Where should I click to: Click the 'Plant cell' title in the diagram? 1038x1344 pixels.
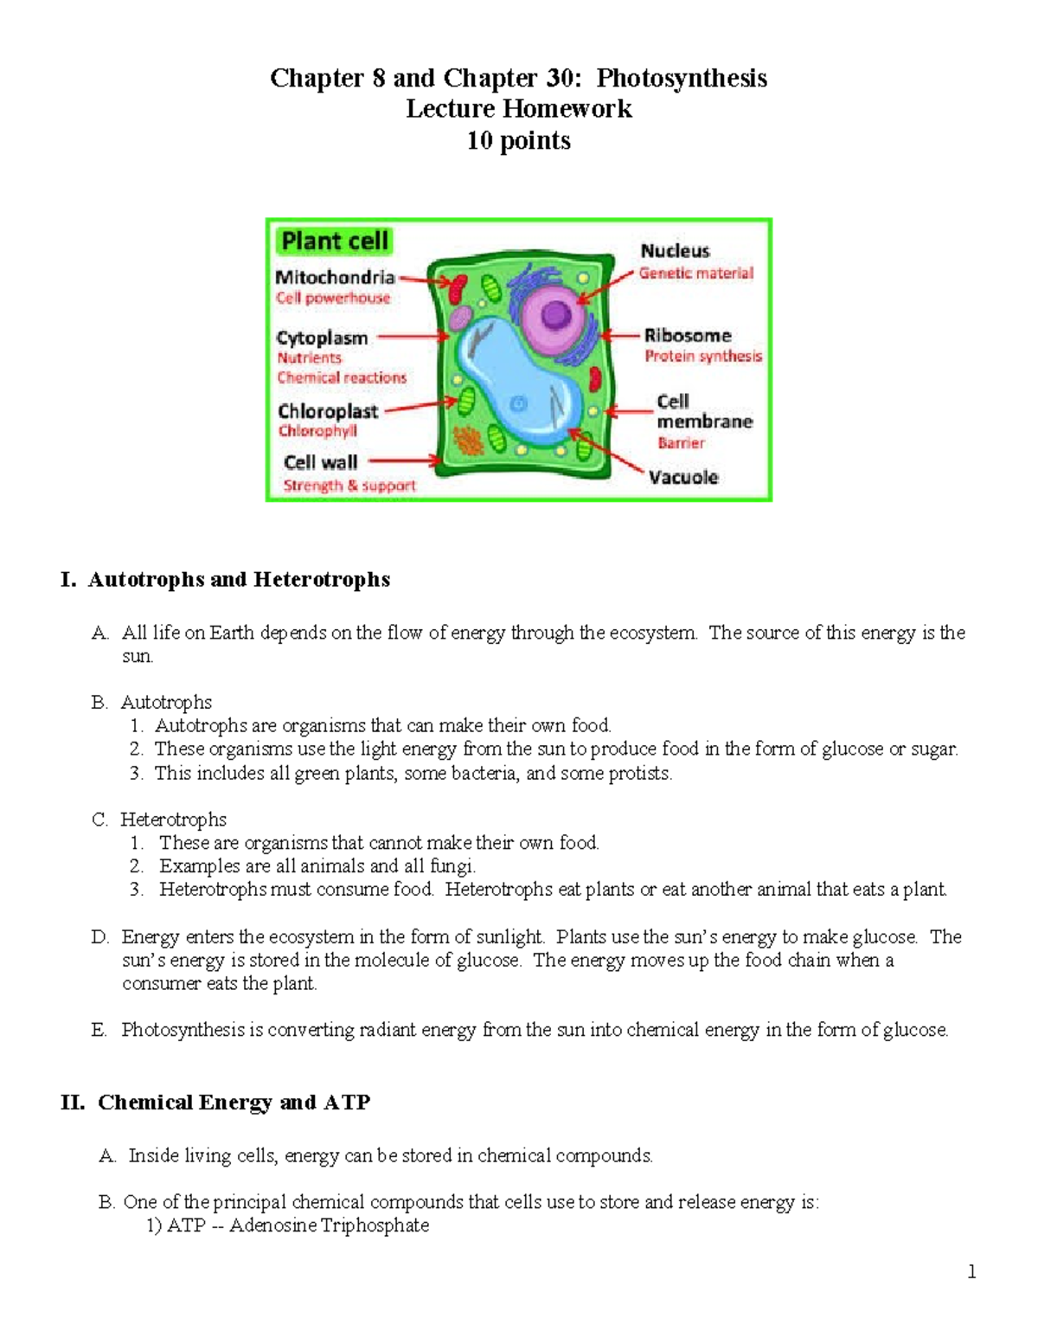click(x=335, y=241)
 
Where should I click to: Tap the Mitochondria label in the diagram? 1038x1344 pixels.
click(x=335, y=277)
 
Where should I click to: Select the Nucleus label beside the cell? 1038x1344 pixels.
click(x=675, y=251)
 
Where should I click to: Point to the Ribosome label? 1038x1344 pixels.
click(x=687, y=335)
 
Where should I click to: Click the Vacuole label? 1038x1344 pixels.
click(x=683, y=477)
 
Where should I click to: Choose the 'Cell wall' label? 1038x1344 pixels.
click(x=320, y=462)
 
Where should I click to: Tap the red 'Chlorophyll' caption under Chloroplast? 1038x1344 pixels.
click(x=317, y=431)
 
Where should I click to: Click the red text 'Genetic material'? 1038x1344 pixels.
click(x=696, y=273)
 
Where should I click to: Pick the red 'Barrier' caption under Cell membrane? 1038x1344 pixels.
click(x=681, y=443)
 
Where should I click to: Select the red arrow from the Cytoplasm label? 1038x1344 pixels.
click(x=413, y=338)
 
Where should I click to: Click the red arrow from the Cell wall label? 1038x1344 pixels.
click(x=405, y=461)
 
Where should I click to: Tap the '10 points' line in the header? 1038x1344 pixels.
click(x=518, y=140)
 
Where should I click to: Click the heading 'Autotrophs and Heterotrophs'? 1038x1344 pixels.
click(x=238, y=579)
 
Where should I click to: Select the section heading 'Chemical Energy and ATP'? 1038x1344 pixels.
click(x=234, y=1102)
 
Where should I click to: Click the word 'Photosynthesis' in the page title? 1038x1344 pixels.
click(x=682, y=78)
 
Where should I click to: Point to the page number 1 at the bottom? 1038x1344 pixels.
click(x=971, y=1271)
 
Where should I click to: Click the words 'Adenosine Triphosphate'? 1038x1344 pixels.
click(x=329, y=1225)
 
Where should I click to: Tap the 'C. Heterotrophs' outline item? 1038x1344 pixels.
click(x=173, y=819)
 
